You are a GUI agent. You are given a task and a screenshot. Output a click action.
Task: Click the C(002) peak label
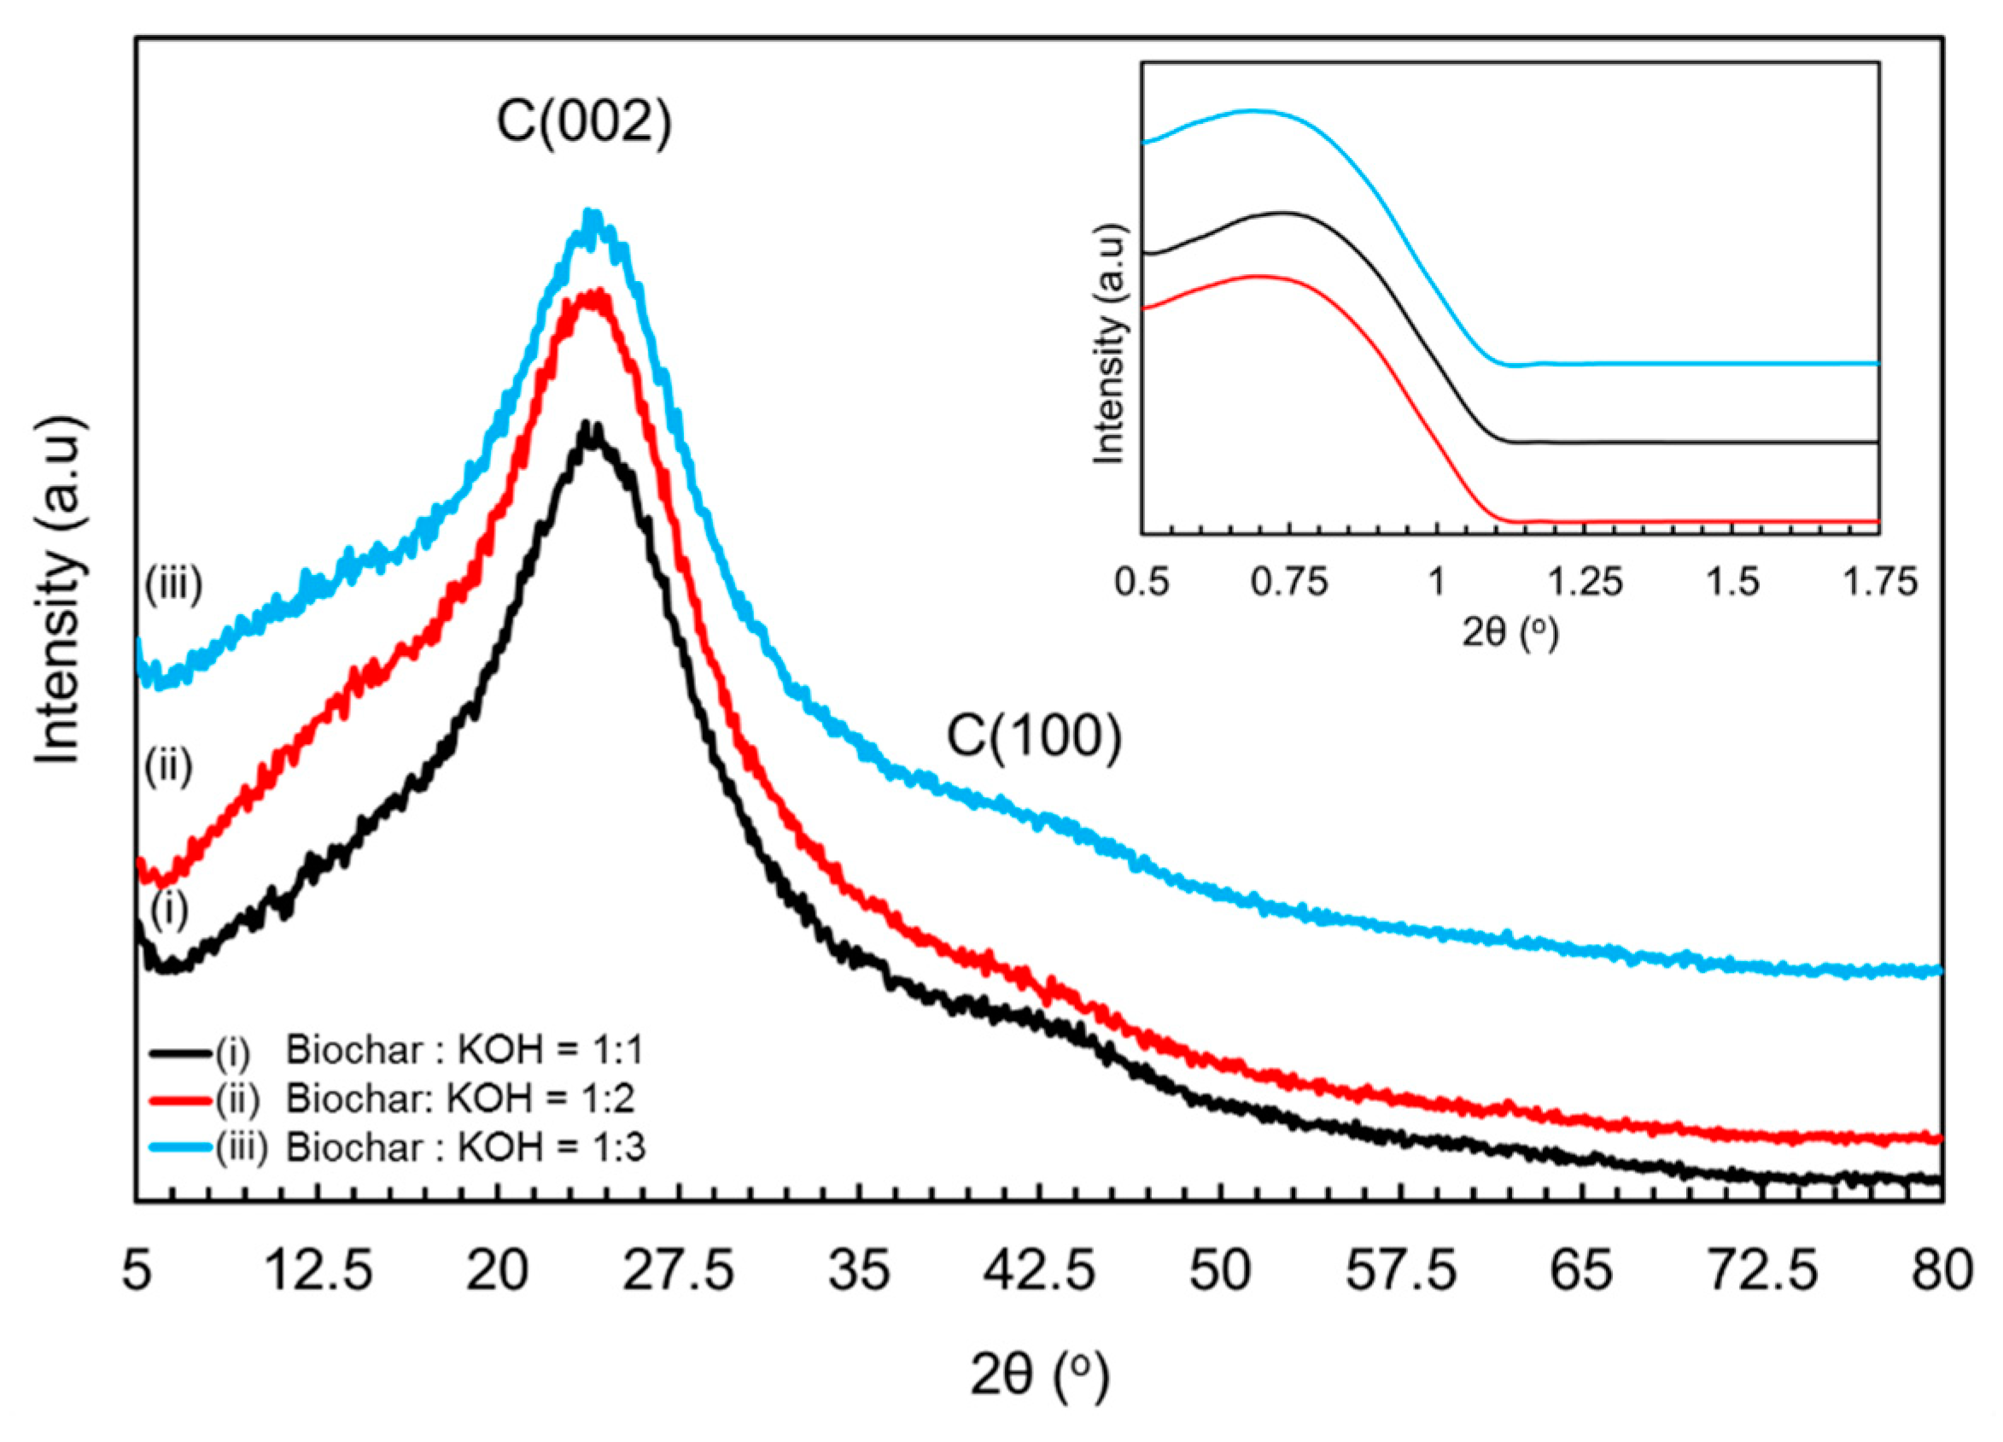(x=584, y=123)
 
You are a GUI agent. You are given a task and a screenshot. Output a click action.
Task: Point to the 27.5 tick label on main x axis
(x=678, y=1273)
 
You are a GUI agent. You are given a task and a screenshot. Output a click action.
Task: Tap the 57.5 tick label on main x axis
(x=1401, y=1273)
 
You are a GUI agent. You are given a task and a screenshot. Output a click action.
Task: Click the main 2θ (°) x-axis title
(x=1038, y=1375)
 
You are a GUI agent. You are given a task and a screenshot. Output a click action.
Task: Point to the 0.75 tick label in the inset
(x=1288, y=583)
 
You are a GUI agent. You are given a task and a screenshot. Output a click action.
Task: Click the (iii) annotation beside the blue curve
(x=174, y=584)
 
